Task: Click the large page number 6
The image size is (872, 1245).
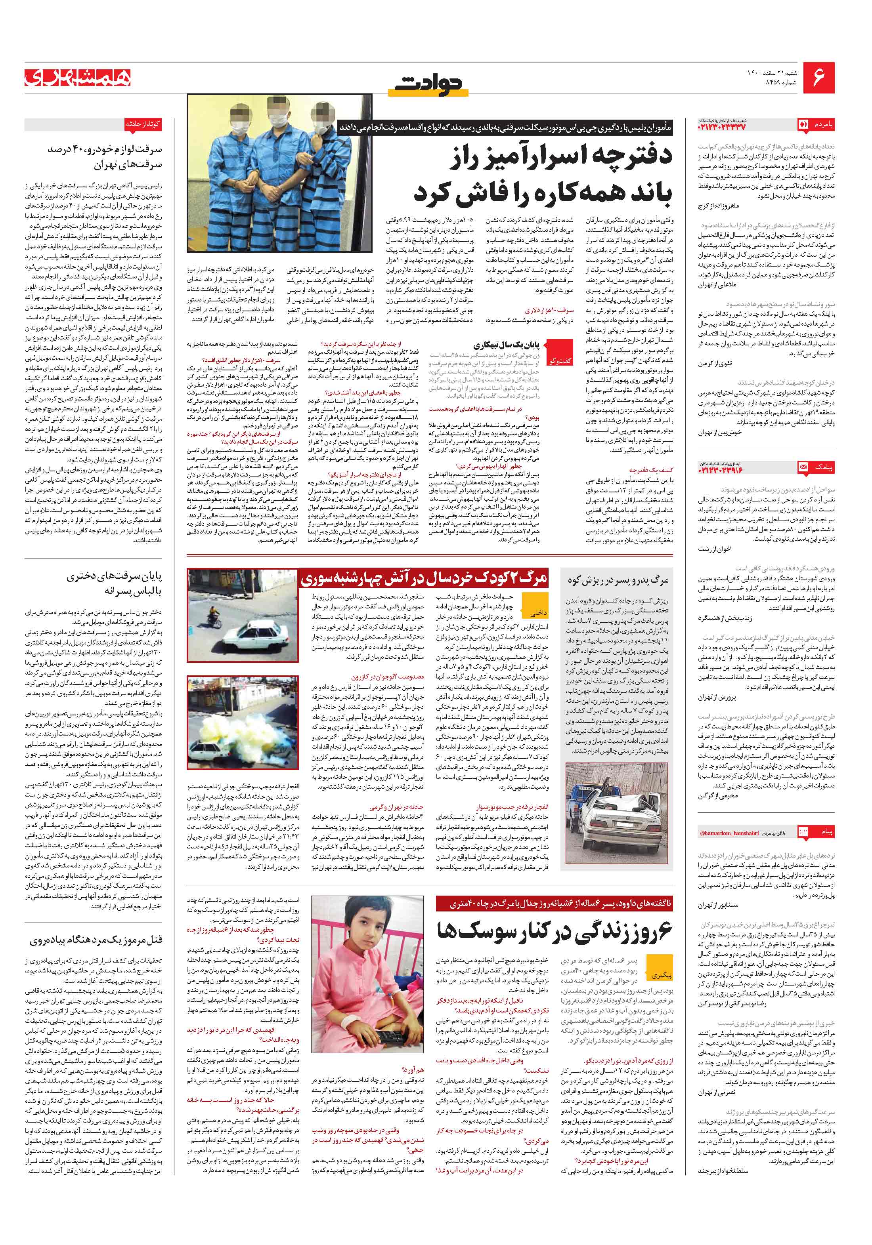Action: [x=818, y=76]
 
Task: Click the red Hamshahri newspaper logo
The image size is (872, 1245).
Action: [x=78, y=77]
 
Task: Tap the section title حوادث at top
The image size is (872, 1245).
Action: [x=429, y=84]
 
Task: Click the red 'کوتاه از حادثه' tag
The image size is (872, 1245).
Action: [x=143, y=124]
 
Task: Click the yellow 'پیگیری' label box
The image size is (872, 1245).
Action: [x=662, y=975]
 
